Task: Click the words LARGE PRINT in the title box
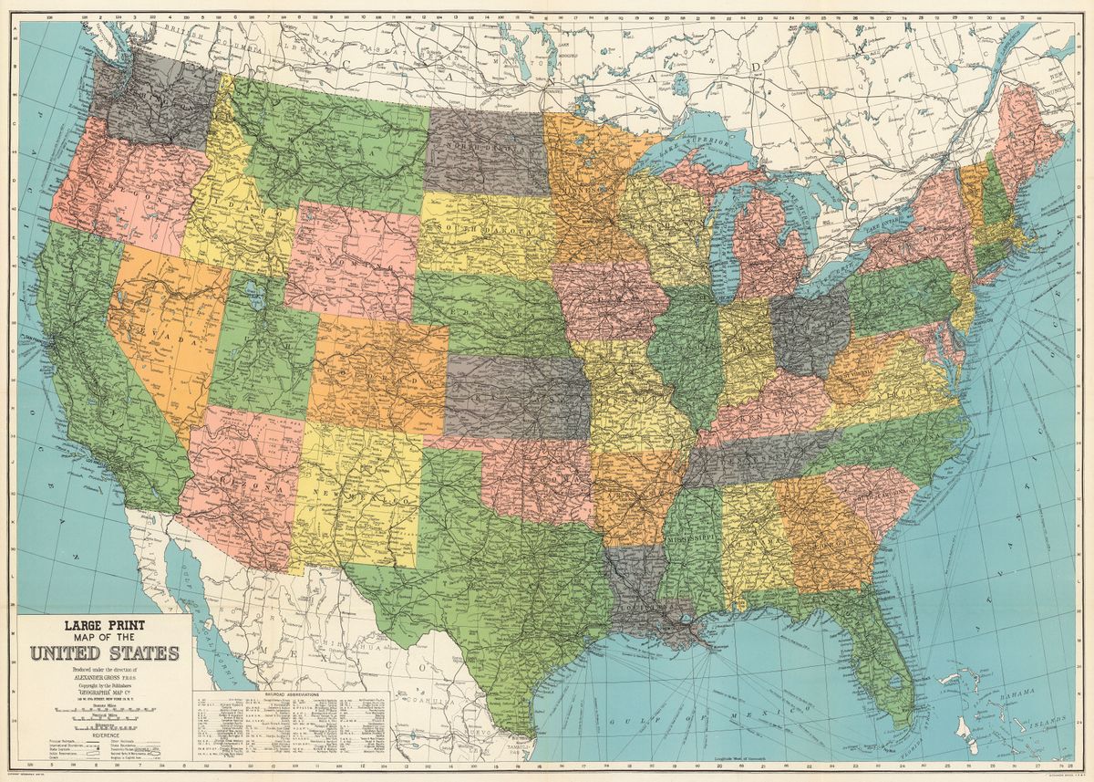tap(104, 627)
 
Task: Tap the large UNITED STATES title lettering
tap(104, 653)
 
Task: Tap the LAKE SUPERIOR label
tap(697, 146)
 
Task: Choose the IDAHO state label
tap(239, 216)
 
